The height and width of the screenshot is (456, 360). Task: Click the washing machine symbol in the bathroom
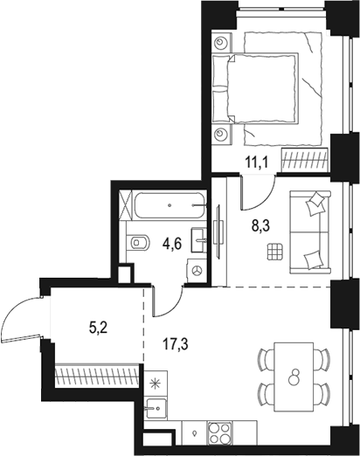(x=198, y=272)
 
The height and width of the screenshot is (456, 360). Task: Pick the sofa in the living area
(x=309, y=230)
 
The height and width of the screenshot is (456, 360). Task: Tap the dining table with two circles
(x=294, y=376)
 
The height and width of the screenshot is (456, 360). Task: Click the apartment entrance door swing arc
(x=19, y=318)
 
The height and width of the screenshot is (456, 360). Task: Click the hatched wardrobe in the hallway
(x=96, y=376)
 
